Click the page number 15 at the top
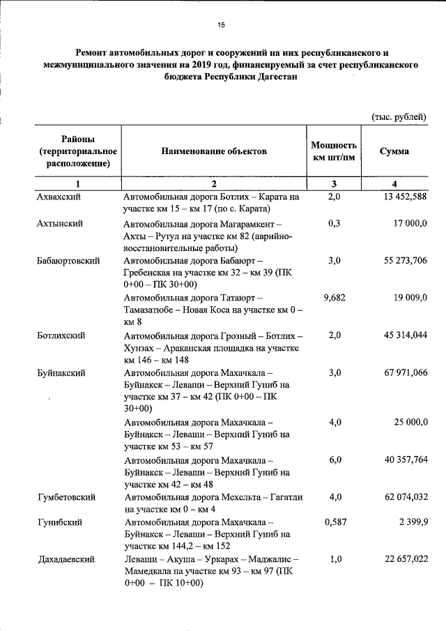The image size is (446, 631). point(221,26)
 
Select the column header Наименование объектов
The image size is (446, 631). point(213,151)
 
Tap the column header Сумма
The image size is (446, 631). point(394,151)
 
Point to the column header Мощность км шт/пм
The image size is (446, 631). point(334,151)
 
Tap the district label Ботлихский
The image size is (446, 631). point(61,335)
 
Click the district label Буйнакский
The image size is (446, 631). point(61,373)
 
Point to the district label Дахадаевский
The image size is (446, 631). point(65,559)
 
